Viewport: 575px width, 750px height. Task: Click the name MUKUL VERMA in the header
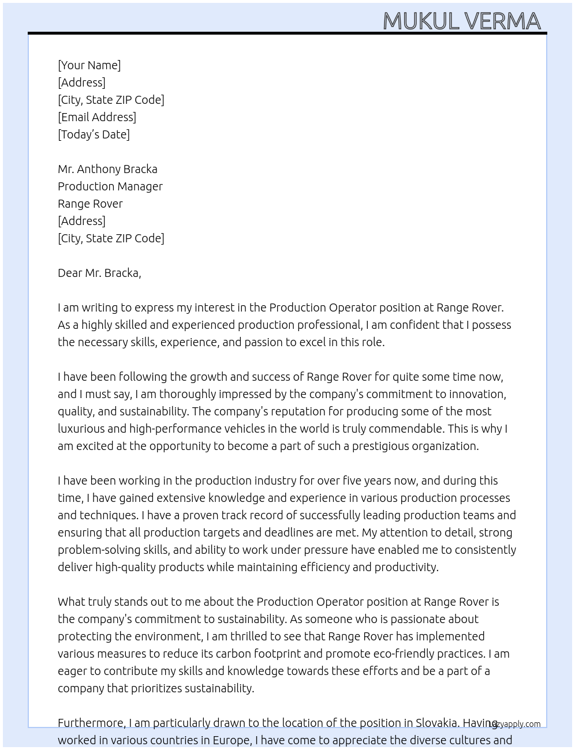coord(461,21)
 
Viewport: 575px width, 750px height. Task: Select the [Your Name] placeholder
coord(89,65)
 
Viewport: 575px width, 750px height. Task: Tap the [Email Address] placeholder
coord(97,117)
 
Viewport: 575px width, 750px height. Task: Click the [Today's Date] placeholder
coord(94,134)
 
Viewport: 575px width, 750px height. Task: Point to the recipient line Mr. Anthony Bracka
coord(107,169)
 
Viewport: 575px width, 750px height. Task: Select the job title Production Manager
coord(110,186)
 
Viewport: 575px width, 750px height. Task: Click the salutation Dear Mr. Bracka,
coord(99,273)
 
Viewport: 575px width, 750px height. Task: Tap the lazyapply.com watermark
coord(515,724)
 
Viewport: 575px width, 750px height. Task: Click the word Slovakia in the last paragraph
coord(436,723)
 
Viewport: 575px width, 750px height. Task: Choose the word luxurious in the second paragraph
coord(81,429)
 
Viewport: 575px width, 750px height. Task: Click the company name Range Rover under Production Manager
coord(90,204)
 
